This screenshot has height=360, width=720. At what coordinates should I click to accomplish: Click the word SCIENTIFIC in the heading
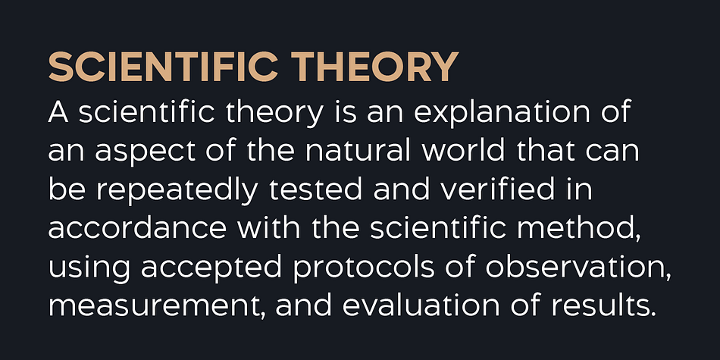(163, 67)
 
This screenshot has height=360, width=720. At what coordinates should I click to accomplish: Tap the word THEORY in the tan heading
(375, 67)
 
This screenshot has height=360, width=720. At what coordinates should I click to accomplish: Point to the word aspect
(146, 153)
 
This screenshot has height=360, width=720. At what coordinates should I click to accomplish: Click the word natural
(358, 152)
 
